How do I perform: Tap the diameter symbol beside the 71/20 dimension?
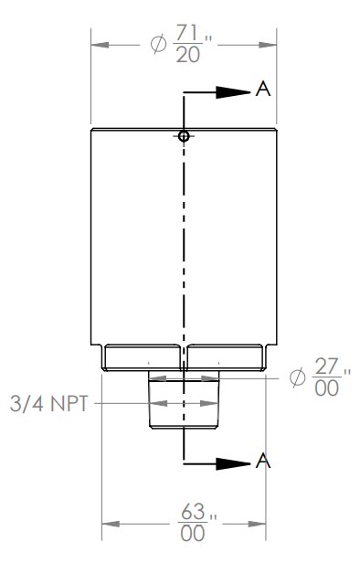(157, 45)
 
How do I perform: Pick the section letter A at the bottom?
(263, 462)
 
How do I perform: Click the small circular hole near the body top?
(184, 136)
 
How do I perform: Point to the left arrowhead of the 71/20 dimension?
(99, 44)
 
